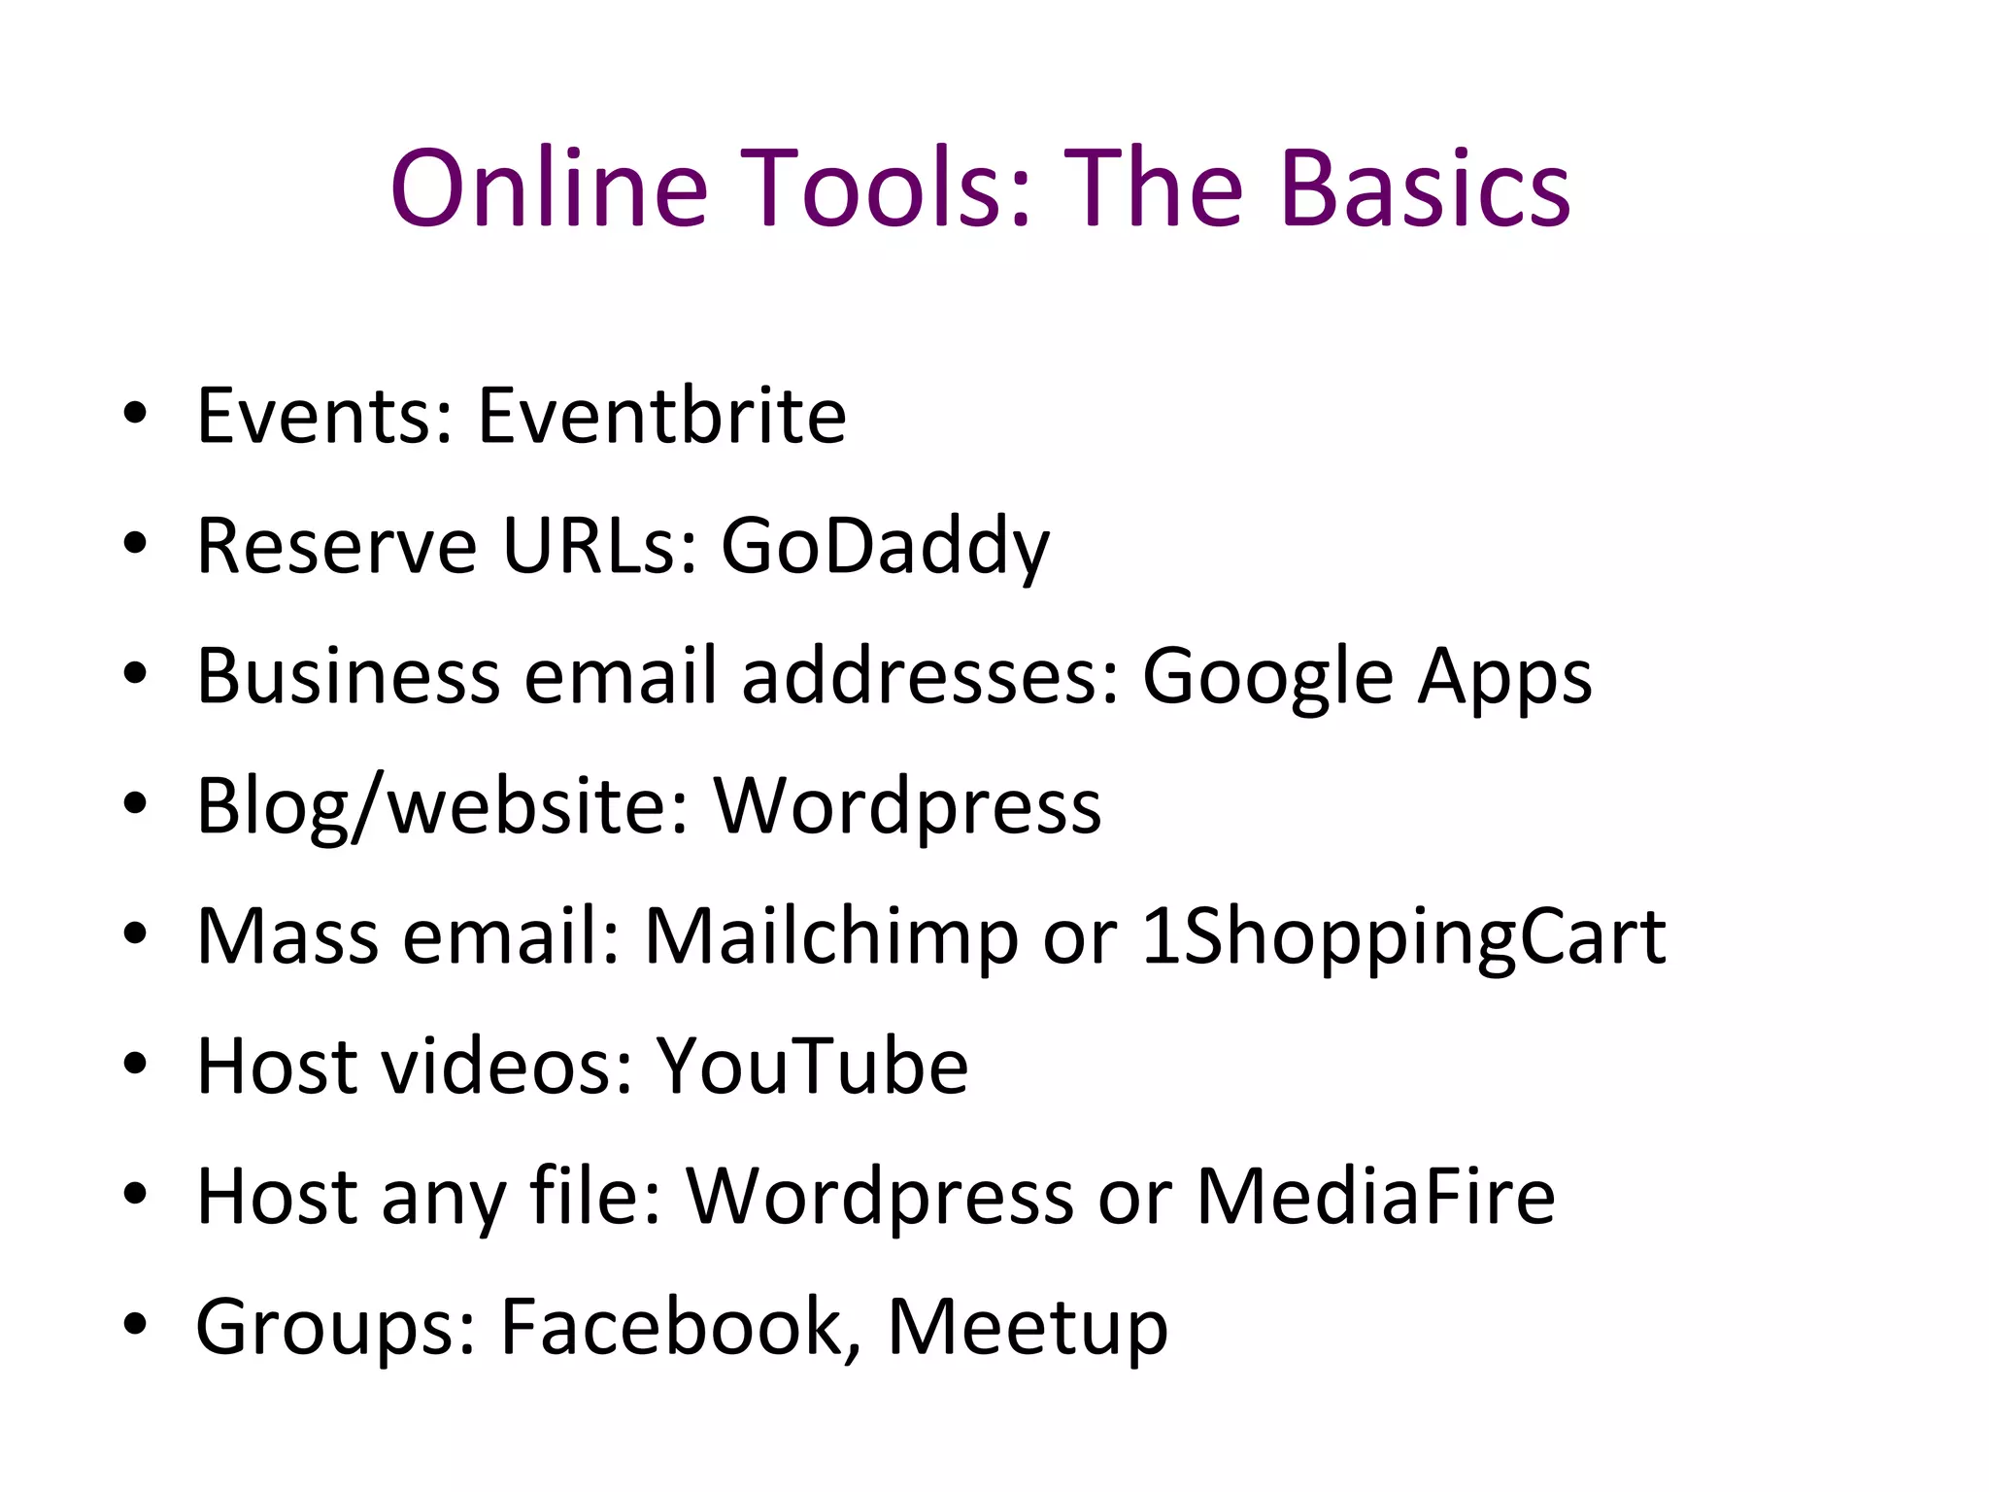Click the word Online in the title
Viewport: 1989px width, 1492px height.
(x=549, y=188)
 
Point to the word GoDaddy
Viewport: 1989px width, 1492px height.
(x=885, y=547)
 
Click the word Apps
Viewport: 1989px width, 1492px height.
(x=1504, y=675)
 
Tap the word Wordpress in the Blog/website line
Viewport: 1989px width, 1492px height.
(x=907, y=807)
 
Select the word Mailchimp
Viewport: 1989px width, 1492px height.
(x=831, y=937)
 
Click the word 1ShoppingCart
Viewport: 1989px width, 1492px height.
(x=1403, y=937)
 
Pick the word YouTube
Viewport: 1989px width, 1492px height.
(x=812, y=1066)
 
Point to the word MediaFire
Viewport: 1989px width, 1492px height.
(x=1375, y=1196)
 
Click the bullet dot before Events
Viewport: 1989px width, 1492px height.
(x=135, y=413)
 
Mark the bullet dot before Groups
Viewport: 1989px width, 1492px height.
(x=135, y=1323)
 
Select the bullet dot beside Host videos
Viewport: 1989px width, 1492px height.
(x=135, y=1063)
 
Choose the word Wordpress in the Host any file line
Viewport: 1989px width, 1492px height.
(x=880, y=1197)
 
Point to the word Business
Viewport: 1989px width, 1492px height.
(x=348, y=675)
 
